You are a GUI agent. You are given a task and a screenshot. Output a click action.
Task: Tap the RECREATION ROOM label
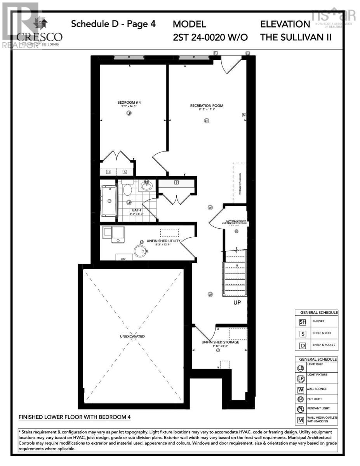(207, 106)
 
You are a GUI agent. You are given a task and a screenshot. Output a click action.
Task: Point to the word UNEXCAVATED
(132, 336)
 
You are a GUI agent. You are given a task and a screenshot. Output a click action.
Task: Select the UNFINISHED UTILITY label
(163, 241)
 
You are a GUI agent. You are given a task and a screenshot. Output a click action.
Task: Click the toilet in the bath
(127, 190)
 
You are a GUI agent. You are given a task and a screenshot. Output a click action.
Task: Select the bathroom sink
(146, 185)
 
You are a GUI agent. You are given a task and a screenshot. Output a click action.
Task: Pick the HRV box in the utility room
(123, 258)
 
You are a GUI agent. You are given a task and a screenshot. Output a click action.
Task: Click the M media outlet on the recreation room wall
(244, 115)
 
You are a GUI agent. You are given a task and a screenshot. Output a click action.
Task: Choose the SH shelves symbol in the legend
(303, 322)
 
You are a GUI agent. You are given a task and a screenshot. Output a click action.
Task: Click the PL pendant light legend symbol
(300, 409)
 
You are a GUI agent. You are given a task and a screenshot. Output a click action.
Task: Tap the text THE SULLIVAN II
(296, 37)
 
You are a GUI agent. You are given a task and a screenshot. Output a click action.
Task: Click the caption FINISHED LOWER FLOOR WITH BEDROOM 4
(75, 417)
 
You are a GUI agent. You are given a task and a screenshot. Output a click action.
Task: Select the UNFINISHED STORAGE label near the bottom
(220, 342)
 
